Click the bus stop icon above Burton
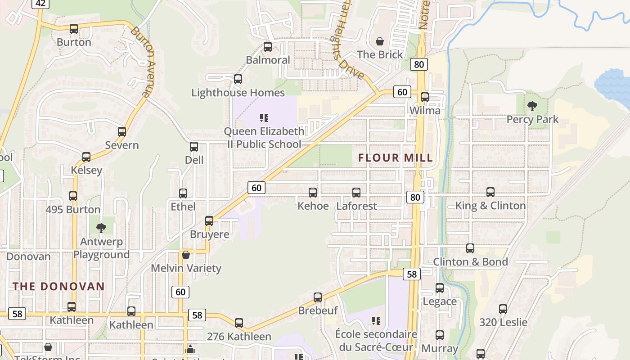click(x=74, y=29)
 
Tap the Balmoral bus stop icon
click(x=268, y=47)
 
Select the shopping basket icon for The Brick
click(x=380, y=41)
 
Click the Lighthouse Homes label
click(x=238, y=93)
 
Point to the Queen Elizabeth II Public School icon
click(x=264, y=118)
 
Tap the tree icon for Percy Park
click(x=532, y=106)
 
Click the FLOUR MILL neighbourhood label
click(x=396, y=158)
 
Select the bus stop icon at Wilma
click(x=424, y=97)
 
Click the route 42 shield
click(x=40, y=4)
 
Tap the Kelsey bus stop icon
click(x=86, y=157)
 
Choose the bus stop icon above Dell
click(x=194, y=147)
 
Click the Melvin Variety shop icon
click(x=186, y=255)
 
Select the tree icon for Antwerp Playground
click(x=101, y=228)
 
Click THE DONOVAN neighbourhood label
click(x=58, y=286)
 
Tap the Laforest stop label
click(x=356, y=206)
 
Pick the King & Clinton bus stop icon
click(x=490, y=192)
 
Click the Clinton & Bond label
click(x=470, y=262)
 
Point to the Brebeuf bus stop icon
click(x=318, y=297)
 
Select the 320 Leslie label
click(x=503, y=322)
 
